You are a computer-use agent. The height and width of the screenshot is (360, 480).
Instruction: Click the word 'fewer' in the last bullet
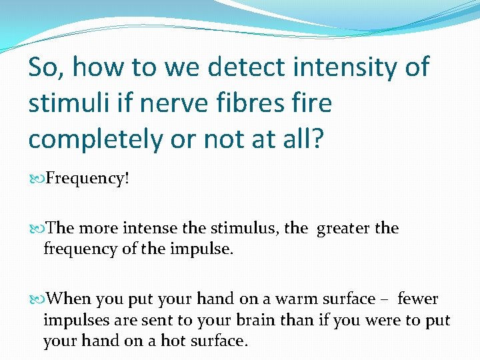point(418,299)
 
